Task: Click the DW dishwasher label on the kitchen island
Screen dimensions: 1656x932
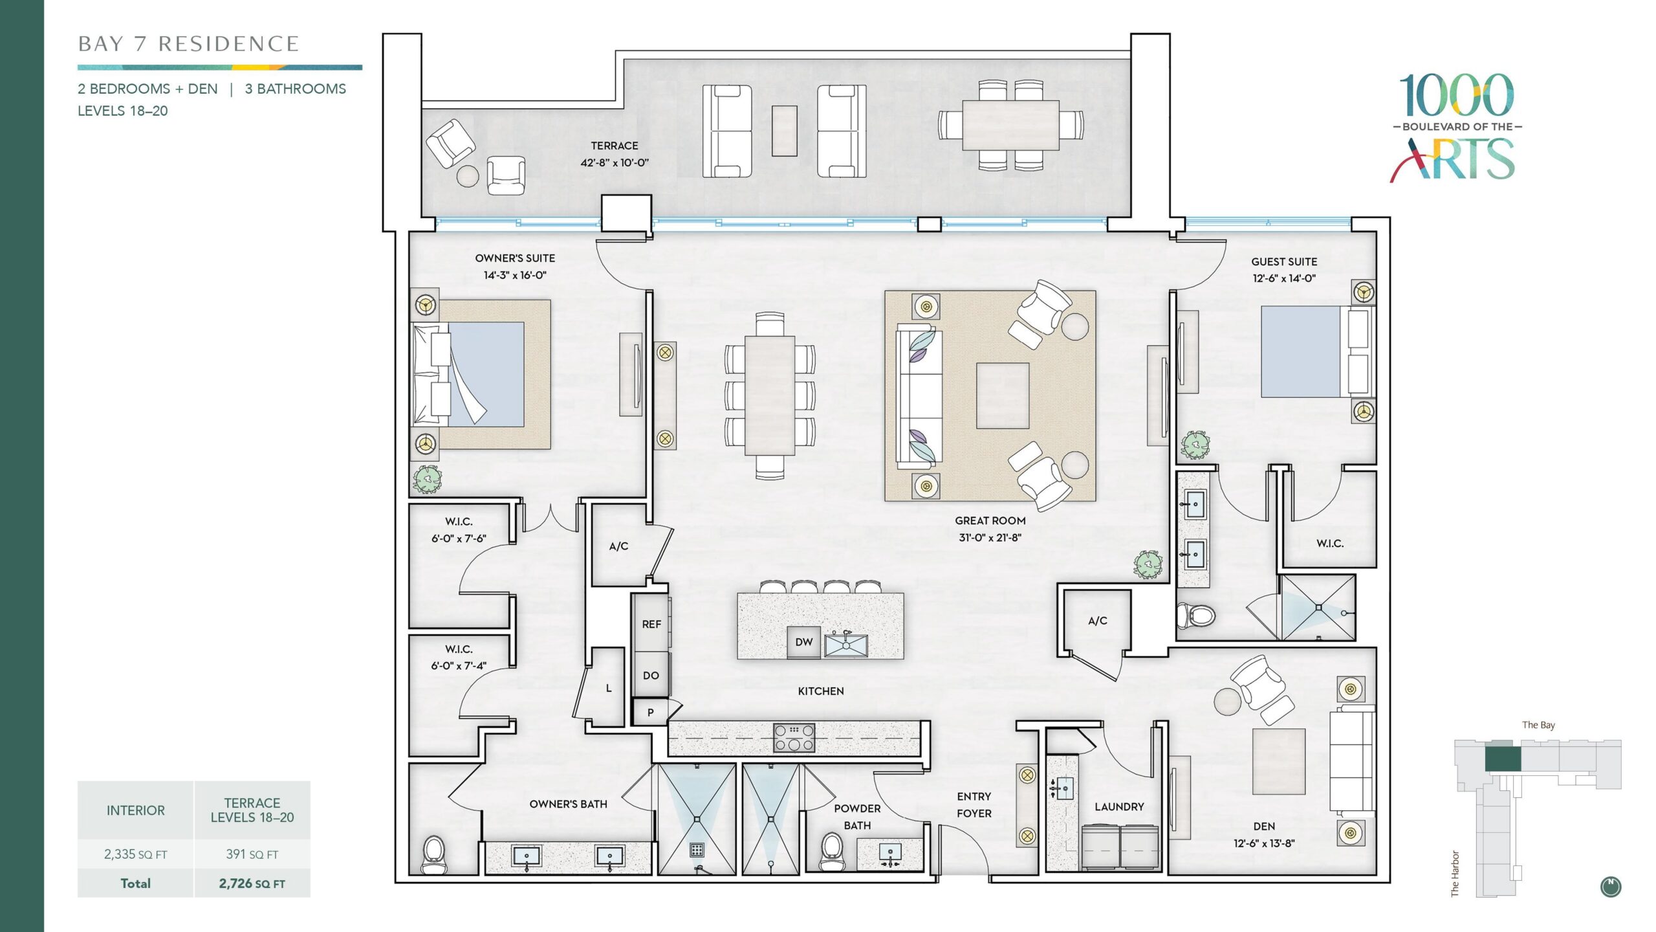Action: [x=804, y=642]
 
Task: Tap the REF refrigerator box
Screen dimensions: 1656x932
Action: [x=651, y=623]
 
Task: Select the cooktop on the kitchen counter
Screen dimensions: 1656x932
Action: [x=794, y=738]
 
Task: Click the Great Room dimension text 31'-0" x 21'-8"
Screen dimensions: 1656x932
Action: [x=990, y=537]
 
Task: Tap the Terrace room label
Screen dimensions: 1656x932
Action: [x=615, y=146]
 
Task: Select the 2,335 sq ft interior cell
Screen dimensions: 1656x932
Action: [x=136, y=854]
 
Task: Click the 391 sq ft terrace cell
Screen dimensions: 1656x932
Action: [x=252, y=854]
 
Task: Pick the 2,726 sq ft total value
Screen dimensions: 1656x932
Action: [x=252, y=883]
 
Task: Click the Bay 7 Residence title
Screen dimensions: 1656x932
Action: [x=188, y=44]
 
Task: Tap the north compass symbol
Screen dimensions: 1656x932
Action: [x=1611, y=887]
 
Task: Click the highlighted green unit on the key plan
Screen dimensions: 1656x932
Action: [x=1502, y=759]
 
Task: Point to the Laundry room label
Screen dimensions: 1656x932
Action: [x=1119, y=806]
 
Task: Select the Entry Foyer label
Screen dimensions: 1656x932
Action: [x=974, y=804]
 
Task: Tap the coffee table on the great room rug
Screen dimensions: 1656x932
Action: [x=1003, y=395]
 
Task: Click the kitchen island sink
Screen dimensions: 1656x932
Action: [x=846, y=645]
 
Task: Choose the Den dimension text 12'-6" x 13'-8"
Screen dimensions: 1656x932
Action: [x=1264, y=843]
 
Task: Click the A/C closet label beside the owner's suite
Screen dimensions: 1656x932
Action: [x=618, y=546]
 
